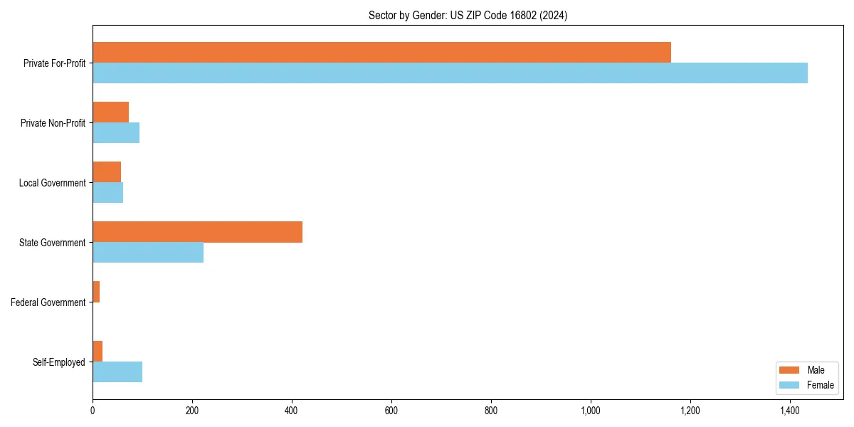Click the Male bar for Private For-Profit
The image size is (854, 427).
click(x=381, y=53)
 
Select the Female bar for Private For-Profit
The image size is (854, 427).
click(x=450, y=73)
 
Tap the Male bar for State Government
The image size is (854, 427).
click(x=197, y=232)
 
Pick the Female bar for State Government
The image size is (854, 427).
click(x=148, y=253)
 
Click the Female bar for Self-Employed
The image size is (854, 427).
click(x=117, y=372)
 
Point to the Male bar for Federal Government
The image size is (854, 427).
click(x=96, y=292)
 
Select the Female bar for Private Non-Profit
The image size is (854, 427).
click(x=116, y=133)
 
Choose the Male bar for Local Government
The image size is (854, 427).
click(x=107, y=172)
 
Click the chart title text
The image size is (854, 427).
click(x=468, y=15)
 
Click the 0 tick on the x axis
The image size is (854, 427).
click(x=93, y=411)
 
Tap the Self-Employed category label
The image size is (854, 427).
click(x=59, y=362)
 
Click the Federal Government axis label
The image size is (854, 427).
click(x=48, y=302)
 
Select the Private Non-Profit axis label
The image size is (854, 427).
click(x=53, y=123)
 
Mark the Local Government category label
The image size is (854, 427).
click(x=52, y=183)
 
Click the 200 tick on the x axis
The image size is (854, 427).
click(x=192, y=411)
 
